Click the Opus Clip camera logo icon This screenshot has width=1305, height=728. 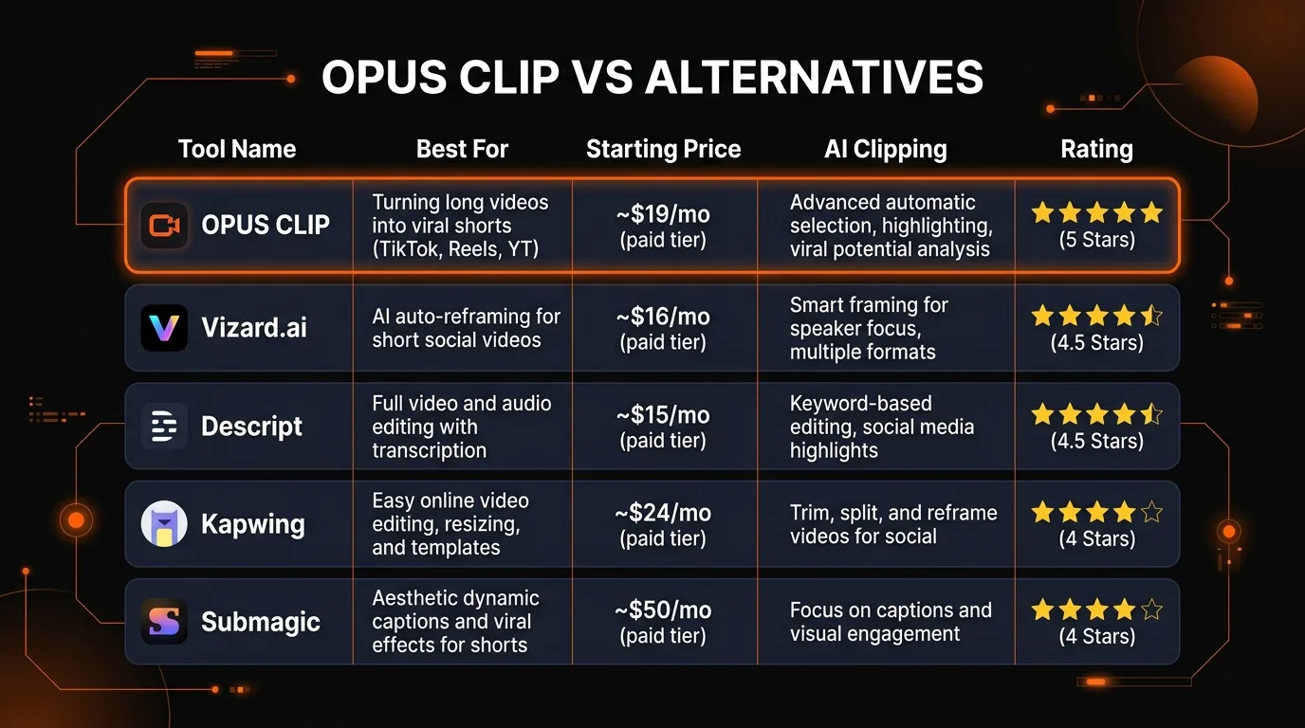click(164, 226)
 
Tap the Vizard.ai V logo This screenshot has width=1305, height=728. click(164, 328)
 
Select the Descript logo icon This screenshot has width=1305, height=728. click(164, 427)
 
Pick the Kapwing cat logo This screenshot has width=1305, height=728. click(164, 524)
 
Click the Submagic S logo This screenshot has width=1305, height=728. click(164, 622)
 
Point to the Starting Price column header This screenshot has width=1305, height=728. click(663, 149)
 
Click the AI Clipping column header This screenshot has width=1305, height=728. click(885, 149)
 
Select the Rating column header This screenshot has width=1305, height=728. click(1096, 149)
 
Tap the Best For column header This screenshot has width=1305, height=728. click(462, 149)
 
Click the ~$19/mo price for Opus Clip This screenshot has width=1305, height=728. click(663, 215)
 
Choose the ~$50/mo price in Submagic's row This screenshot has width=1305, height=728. click(663, 610)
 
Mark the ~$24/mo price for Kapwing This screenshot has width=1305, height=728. click(663, 513)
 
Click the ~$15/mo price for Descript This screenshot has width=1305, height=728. click(663, 415)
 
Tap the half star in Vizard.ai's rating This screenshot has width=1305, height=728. click(1150, 316)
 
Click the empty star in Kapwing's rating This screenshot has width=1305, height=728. click(1151, 513)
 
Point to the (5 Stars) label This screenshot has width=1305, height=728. click(1096, 240)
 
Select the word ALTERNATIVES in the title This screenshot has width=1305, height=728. click(814, 77)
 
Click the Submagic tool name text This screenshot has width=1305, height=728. click(261, 622)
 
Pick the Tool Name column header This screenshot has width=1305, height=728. click(237, 149)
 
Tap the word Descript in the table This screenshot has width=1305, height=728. click(251, 427)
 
